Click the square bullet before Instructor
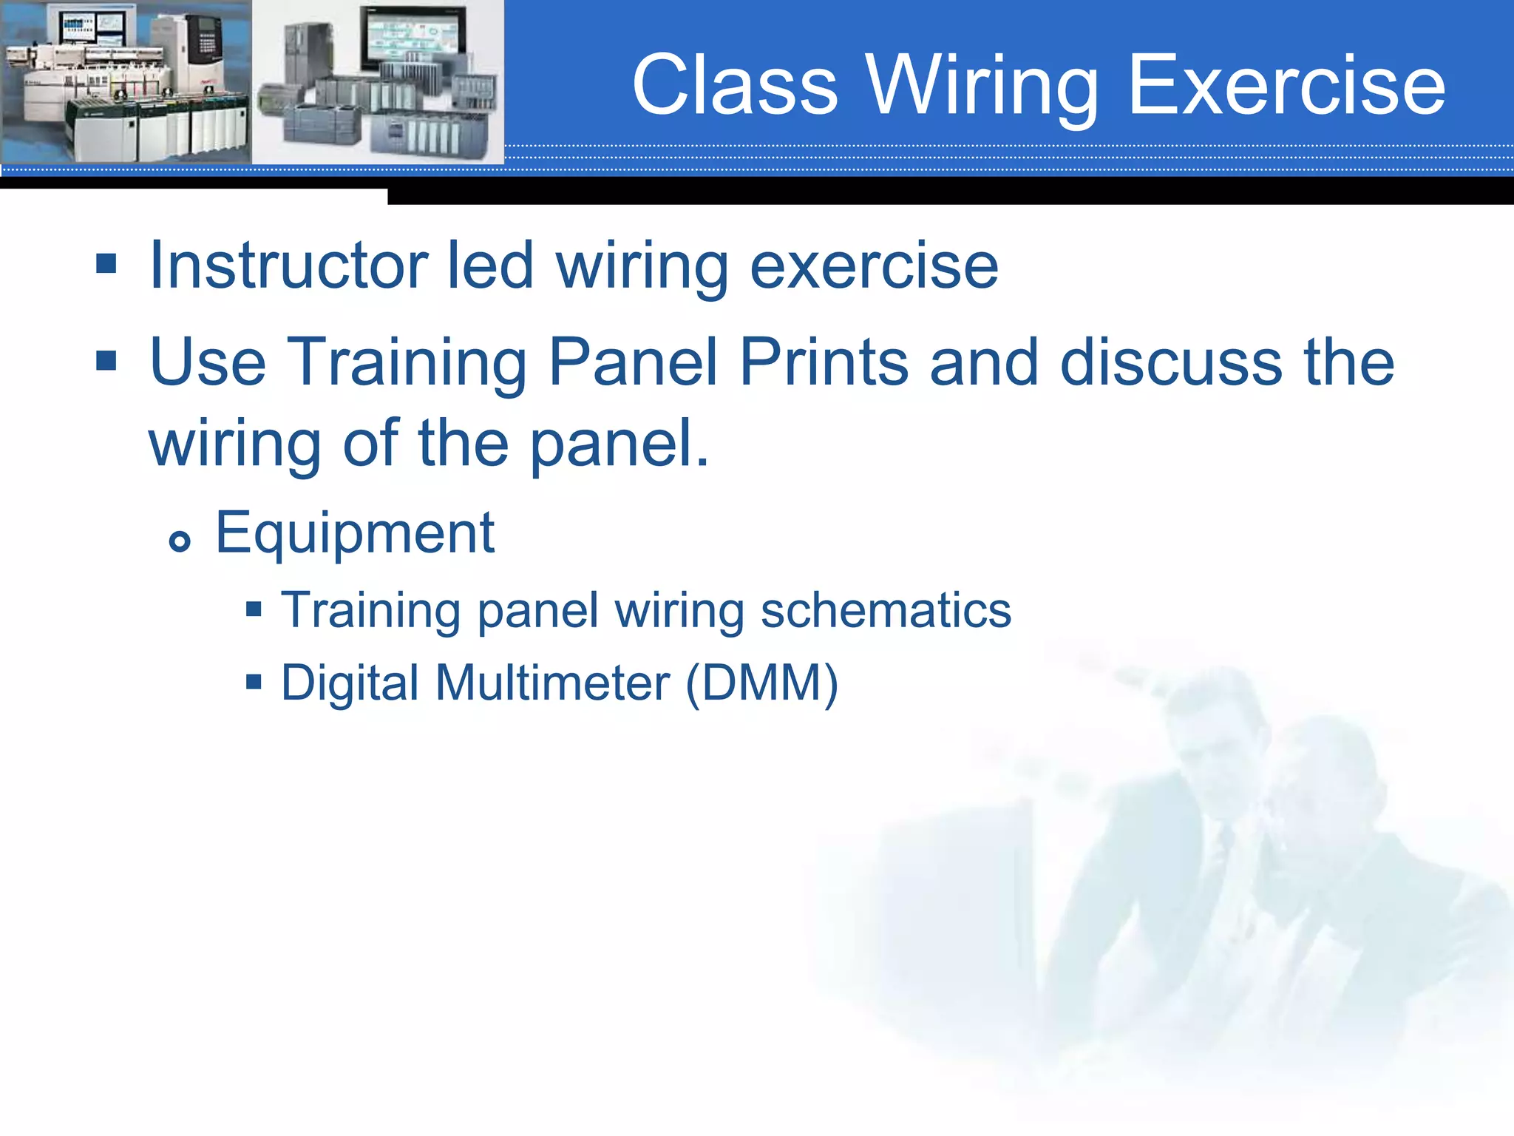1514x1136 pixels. pyautogui.click(x=106, y=263)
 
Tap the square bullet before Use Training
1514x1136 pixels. pyautogui.click(x=106, y=360)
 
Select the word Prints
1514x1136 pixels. pyautogui.click(x=824, y=362)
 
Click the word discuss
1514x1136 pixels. pyautogui.click(x=1171, y=362)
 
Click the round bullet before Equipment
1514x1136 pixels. pyautogui.click(x=180, y=541)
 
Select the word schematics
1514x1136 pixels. pyautogui.click(x=886, y=611)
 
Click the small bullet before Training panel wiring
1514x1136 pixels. pyautogui.click(x=254, y=609)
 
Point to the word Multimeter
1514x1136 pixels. pyautogui.click(x=552, y=682)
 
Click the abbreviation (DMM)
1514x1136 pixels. pyautogui.click(x=762, y=682)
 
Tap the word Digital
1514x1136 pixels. pyautogui.click(x=350, y=683)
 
